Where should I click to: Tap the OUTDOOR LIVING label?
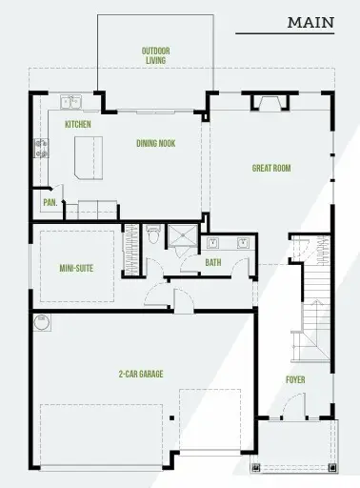click(x=153, y=55)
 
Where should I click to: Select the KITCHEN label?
click(x=77, y=125)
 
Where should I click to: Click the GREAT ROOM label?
click(x=270, y=169)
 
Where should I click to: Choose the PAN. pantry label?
click(x=49, y=203)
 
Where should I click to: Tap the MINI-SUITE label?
click(x=75, y=269)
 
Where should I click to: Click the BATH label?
click(x=212, y=262)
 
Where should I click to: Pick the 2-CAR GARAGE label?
click(x=141, y=374)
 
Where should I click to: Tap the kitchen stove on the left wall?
click(x=41, y=148)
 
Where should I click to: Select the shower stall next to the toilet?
click(x=181, y=236)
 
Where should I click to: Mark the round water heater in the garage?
click(x=41, y=324)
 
